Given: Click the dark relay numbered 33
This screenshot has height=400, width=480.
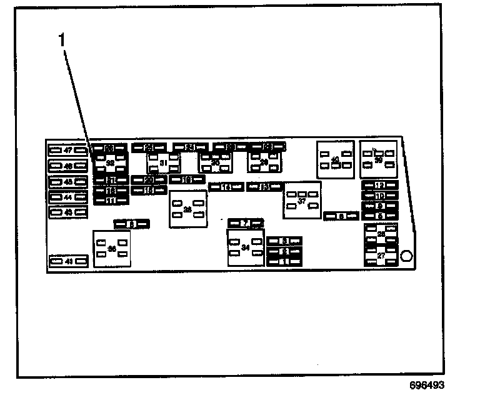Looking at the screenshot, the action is (x=111, y=164).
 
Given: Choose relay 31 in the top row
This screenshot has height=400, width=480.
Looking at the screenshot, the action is (x=163, y=163).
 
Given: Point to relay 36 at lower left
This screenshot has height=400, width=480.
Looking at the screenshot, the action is (x=112, y=248).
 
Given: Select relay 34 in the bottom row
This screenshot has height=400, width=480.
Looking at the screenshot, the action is (x=246, y=247).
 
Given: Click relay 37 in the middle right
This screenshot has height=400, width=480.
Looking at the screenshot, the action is (x=302, y=201).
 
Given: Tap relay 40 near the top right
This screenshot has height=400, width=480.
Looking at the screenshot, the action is (x=335, y=159).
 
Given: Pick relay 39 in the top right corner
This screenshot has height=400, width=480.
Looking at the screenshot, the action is (x=379, y=159).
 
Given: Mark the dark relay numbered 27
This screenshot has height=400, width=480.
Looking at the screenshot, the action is (x=381, y=256).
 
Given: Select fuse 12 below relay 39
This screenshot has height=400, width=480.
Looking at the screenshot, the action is (x=379, y=186).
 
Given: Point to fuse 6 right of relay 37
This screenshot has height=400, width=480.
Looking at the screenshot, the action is (x=341, y=216).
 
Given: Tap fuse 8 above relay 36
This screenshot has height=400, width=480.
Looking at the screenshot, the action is (x=132, y=223).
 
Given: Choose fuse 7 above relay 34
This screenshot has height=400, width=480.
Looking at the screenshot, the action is (x=246, y=222).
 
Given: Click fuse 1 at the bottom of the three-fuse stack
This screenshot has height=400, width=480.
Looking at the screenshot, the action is (x=284, y=261).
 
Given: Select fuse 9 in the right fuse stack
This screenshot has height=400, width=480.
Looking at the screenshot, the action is (x=379, y=206).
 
